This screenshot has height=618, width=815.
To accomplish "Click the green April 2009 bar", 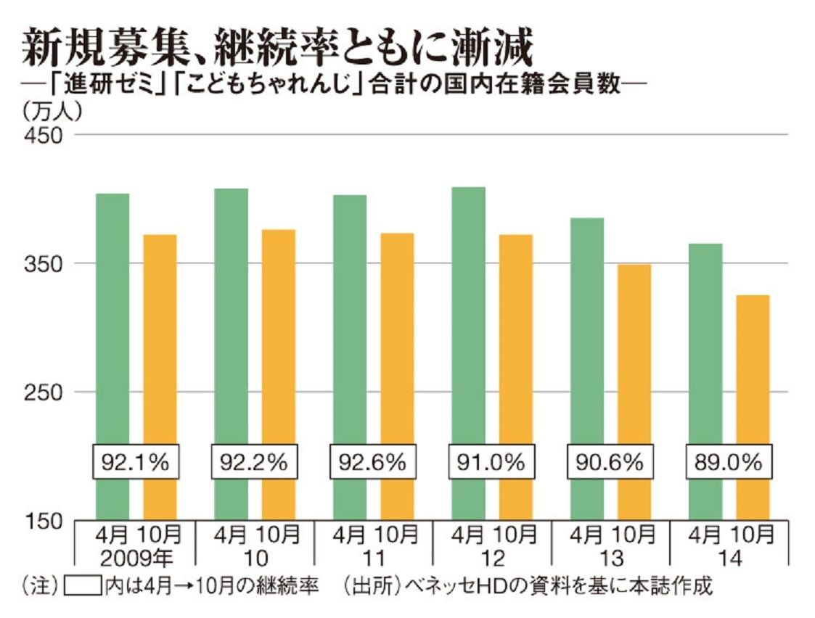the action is pyautogui.click(x=112, y=356).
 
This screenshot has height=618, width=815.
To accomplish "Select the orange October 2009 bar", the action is pyautogui.click(x=160, y=377).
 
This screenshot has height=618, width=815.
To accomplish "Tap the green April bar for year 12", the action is pyautogui.click(x=468, y=353).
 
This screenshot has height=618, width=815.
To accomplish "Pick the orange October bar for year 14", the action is pyautogui.click(x=753, y=407).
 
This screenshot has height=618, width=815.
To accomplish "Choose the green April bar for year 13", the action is pyautogui.click(x=587, y=368).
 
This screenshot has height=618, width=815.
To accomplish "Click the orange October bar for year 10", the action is pyautogui.click(x=279, y=374).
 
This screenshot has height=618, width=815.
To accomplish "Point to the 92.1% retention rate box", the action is pyautogui.click(x=136, y=461).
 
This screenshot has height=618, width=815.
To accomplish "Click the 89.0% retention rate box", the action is pyautogui.click(x=729, y=461).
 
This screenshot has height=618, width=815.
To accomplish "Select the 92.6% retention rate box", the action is pyautogui.click(x=373, y=461).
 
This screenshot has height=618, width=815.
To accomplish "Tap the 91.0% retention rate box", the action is pyautogui.click(x=491, y=461).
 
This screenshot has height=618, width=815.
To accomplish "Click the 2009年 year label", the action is pyautogui.click(x=136, y=559).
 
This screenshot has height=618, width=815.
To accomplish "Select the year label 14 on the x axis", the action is pyautogui.click(x=729, y=559).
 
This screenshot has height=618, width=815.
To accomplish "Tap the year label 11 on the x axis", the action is pyautogui.click(x=373, y=559).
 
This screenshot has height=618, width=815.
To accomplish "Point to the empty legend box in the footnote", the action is pyautogui.click(x=83, y=586).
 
